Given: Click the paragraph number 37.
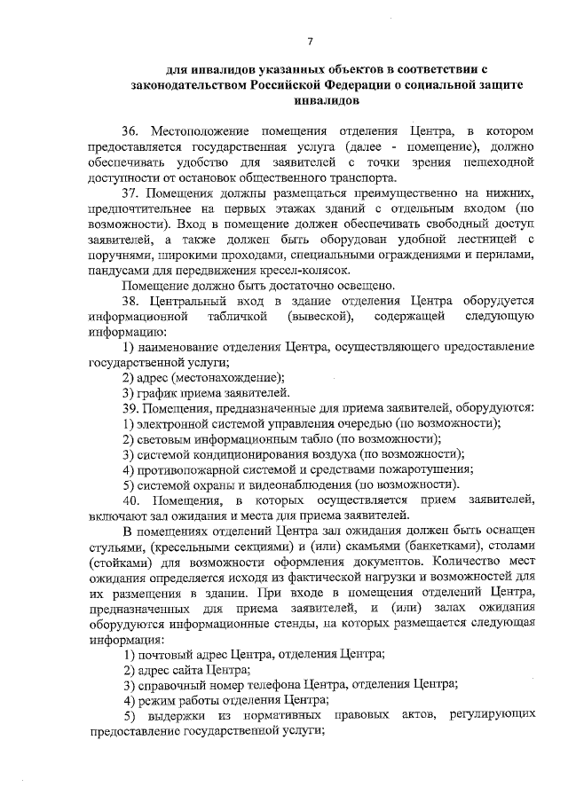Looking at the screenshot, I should click(132, 193).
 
